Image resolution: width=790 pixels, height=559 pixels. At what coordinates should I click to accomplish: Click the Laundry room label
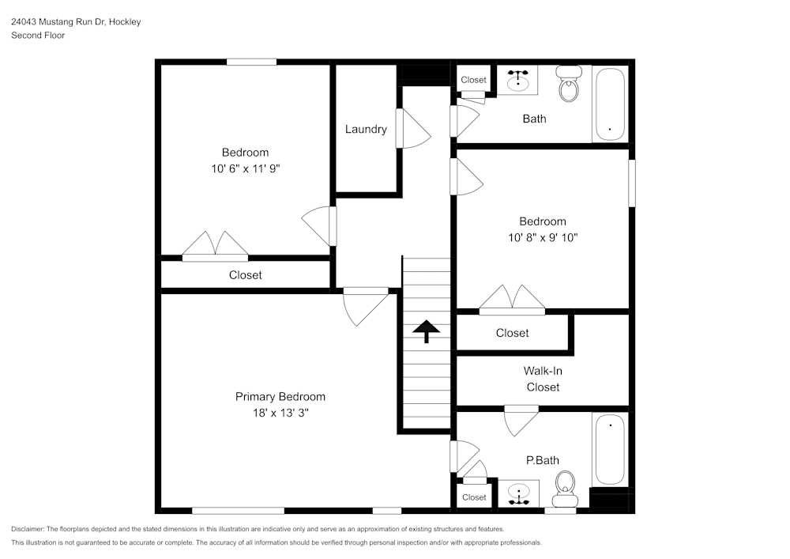pyautogui.click(x=366, y=129)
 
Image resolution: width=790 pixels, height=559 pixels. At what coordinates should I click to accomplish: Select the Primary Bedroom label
pyautogui.click(x=280, y=397)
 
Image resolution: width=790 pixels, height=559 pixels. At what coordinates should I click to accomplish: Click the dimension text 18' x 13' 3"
pyautogui.click(x=280, y=413)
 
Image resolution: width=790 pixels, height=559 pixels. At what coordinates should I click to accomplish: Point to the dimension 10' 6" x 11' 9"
pyautogui.click(x=245, y=168)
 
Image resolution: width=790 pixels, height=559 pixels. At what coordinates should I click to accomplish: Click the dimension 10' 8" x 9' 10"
pyautogui.click(x=542, y=237)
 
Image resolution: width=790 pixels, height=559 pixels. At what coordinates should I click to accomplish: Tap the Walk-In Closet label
pyautogui.click(x=543, y=379)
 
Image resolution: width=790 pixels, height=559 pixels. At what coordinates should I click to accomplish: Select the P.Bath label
pyautogui.click(x=543, y=460)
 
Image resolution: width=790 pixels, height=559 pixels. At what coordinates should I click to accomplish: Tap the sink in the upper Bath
pyautogui.click(x=517, y=80)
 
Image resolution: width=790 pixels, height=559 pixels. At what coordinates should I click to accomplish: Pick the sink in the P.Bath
pyautogui.click(x=518, y=495)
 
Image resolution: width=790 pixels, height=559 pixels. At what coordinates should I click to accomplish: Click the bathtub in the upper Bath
pyautogui.click(x=610, y=104)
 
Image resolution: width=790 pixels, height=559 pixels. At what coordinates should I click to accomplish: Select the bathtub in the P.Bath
pyautogui.click(x=610, y=450)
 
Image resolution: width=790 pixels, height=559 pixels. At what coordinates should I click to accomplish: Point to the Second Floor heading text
pyautogui.click(x=38, y=36)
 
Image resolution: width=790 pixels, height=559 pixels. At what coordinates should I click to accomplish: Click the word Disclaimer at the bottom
pyautogui.click(x=28, y=529)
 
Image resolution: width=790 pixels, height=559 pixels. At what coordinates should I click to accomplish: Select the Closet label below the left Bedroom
pyautogui.click(x=245, y=275)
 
